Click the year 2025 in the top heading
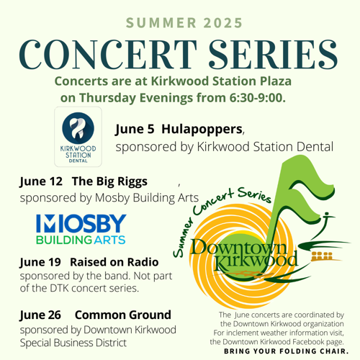tap(223, 23)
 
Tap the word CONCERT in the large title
tap(108, 55)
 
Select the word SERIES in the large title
tap(274, 55)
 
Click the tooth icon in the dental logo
tap(78, 128)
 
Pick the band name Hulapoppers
tap(202, 130)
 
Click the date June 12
tap(41, 181)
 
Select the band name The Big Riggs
tap(109, 181)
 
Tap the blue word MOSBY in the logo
tap(81, 223)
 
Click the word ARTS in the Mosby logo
tap(109, 240)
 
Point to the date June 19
tap(40, 262)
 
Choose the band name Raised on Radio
tap(114, 262)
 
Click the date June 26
tap(40, 315)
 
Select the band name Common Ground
tap(123, 315)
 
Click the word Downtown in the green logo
tap(239, 247)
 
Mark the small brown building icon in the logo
tap(323, 256)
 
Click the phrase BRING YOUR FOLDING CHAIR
tap(286, 351)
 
